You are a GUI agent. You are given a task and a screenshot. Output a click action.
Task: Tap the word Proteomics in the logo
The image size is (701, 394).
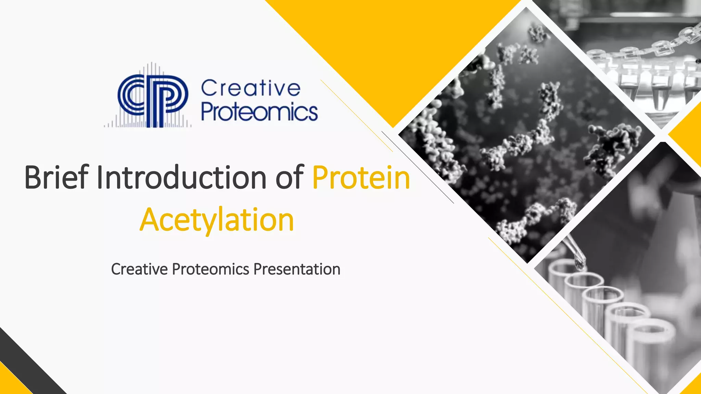click(259, 112)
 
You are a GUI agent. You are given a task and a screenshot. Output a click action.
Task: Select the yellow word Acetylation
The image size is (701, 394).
click(217, 220)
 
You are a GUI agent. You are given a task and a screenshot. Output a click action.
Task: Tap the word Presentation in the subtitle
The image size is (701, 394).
click(297, 269)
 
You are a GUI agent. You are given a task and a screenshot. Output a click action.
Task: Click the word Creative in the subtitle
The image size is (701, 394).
click(139, 269)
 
